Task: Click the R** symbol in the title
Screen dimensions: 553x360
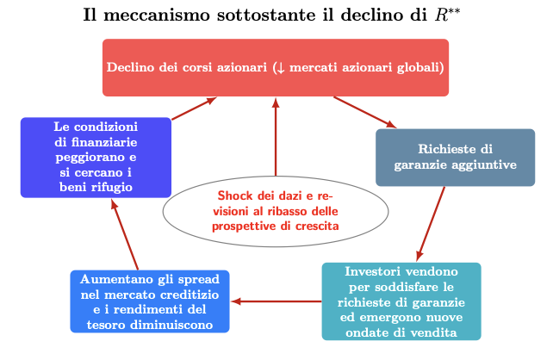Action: tap(447, 15)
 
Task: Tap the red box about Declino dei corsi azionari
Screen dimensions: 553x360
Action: tap(276, 67)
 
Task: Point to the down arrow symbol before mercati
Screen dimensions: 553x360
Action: tap(281, 67)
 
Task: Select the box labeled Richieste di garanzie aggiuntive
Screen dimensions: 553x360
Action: tap(456, 158)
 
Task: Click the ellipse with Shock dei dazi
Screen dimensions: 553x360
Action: tap(276, 211)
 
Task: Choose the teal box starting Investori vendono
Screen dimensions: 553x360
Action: tap(401, 301)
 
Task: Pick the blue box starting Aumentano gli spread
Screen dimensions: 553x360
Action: tap(150, 301)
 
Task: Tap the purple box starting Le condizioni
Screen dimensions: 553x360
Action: tap(96, 158)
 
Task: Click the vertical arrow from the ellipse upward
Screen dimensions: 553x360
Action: tap(276, 137)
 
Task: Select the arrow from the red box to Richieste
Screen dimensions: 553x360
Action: tap(365, 112)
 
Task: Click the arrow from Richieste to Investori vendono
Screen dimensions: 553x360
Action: tap(431, 224)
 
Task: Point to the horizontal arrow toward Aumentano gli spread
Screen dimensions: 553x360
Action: tap(276, 301)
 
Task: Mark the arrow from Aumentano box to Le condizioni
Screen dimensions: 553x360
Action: tap(125, 234)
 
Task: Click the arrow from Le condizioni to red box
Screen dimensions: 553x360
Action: tap(194, 109)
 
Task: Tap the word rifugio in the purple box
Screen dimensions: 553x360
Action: tap(113, 187)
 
